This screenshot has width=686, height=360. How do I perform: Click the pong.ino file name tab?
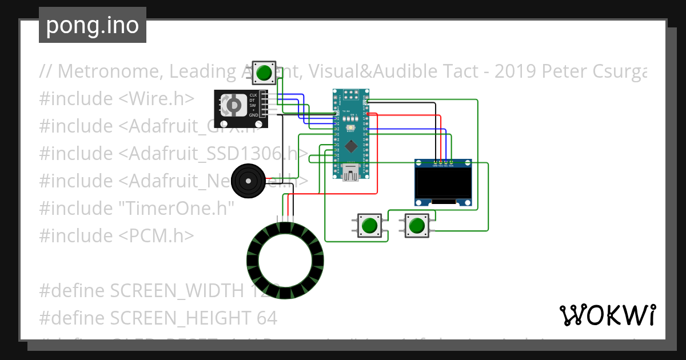[x=92, y=25]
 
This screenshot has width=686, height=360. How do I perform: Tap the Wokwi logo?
[x=607, y=315]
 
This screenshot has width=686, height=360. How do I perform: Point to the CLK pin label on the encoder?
[x=253, y=95]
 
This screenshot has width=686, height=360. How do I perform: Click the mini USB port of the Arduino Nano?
[x=351, y=171]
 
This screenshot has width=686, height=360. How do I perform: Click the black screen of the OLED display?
[x=443, y=183]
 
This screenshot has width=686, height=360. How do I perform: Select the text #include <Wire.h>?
[x=117, y=98]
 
